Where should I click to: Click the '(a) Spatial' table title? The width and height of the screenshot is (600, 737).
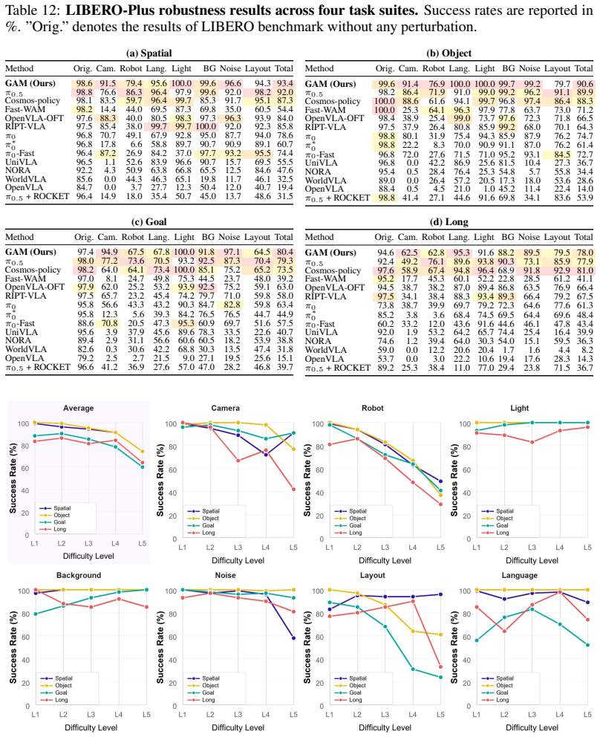coord(149,53)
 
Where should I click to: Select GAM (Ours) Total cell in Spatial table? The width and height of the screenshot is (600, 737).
coord(284,83)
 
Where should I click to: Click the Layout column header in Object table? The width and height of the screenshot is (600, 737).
coord(557,68)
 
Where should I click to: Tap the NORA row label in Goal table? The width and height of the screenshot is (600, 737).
coord(18,340)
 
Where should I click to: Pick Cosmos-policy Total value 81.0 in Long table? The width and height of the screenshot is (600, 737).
coord(584,270)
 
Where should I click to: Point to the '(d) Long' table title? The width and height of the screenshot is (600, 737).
coord(449,222)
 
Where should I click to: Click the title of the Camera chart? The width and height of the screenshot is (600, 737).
coord(225,408)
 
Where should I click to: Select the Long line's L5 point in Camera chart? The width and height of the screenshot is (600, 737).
coord(293,490)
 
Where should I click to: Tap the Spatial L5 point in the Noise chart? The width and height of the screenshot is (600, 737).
coord(293,638)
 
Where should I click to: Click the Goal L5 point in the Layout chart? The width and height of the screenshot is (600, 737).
coord(440,678)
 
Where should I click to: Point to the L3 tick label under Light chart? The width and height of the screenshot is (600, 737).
coord(532,547)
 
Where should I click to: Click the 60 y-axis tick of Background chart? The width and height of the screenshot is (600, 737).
coord(25,637)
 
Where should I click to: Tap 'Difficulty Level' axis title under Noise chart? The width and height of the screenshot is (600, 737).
coord(238,727)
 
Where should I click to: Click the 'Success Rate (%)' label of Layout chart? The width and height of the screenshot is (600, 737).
coord(307,648)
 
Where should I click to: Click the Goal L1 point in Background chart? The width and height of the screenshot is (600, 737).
coord(35,614)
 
